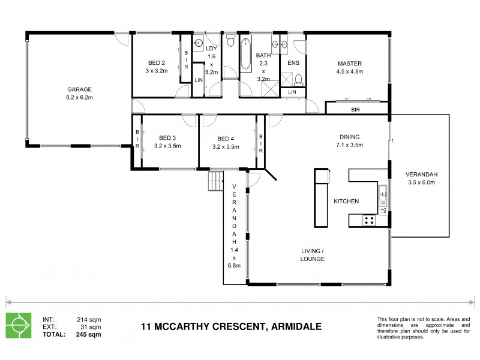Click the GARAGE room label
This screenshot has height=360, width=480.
(79, 88)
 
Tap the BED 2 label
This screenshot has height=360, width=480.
(157, 62)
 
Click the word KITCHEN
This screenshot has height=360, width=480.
(346, 202)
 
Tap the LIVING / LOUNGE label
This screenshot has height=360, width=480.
(313, 255)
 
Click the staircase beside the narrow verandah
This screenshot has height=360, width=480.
(215, 181)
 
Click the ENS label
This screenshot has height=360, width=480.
(293, 63)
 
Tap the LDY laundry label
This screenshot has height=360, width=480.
(211, 48)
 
